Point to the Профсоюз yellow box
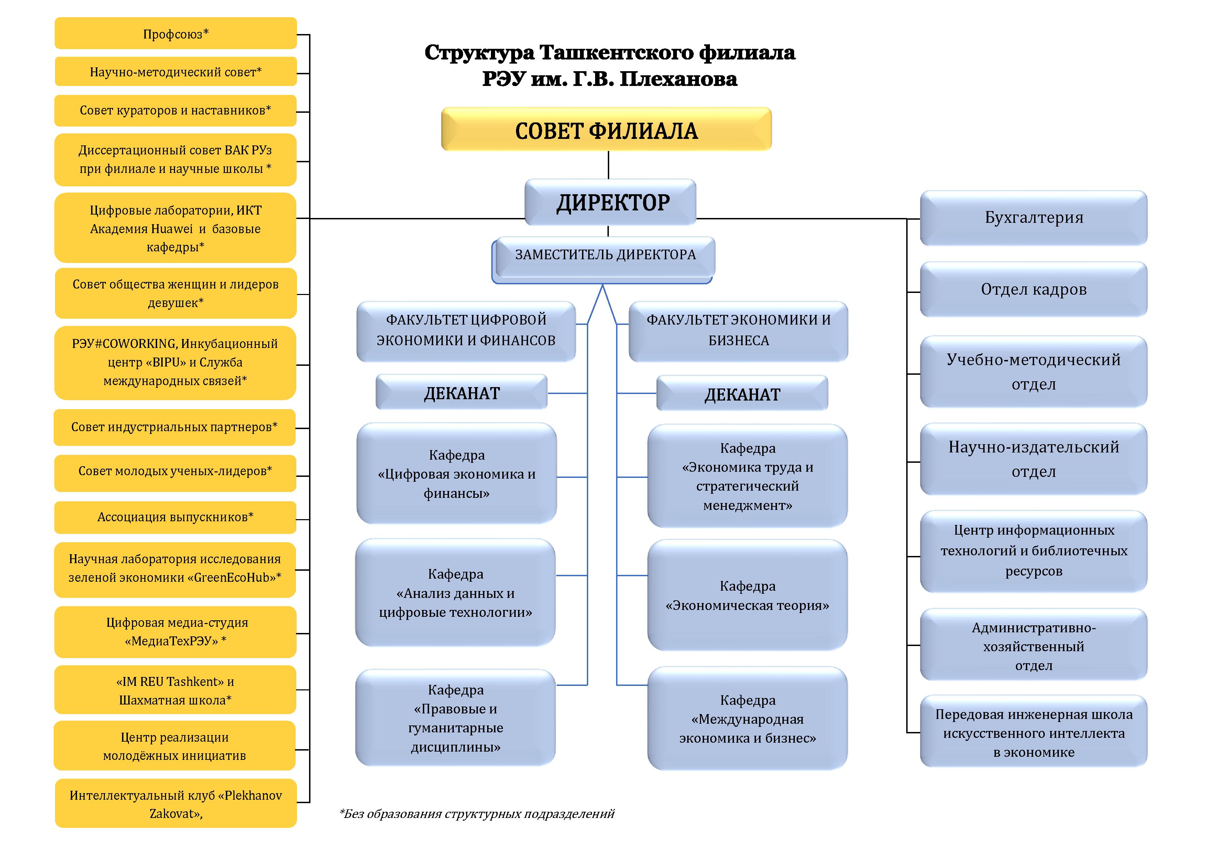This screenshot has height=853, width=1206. pos(175,34)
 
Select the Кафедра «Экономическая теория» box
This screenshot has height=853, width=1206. pos(747,595)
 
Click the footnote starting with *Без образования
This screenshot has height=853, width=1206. pos(476,814)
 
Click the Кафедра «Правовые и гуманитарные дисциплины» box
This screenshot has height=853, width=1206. pos(456,718)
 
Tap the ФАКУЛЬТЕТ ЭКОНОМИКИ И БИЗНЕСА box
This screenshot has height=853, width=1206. pos(738,330)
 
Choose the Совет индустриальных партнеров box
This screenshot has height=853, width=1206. pos(174,427)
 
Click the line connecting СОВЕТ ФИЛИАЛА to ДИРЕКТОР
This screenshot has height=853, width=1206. pos(608,165)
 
